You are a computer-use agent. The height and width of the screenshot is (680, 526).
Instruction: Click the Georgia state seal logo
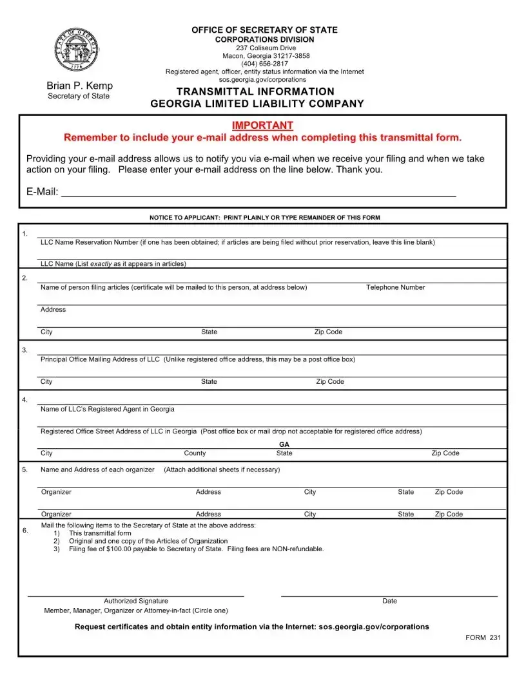(x=77, y=50)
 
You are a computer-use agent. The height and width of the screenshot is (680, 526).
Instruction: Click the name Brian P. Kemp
(x=79, y=86)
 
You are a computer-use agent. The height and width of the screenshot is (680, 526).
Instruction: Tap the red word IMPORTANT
(x=262, y=125)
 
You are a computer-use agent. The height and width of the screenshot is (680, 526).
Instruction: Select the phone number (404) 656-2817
(x=264, y=64)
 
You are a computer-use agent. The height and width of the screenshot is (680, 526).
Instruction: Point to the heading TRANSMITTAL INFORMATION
(x=256, y=91)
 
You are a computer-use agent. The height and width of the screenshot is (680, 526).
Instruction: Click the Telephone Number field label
(x=395, y=287)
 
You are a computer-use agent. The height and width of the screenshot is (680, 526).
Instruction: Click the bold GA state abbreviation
(x=284, y=444)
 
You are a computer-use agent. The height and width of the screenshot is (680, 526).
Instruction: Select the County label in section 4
(x=195, y=453)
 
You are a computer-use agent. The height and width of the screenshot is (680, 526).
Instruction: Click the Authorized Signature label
(x=136, y=601)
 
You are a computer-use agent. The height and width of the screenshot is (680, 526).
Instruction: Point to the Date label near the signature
(x=389, y=601)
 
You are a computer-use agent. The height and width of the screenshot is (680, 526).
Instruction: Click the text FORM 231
(x=483, y=637)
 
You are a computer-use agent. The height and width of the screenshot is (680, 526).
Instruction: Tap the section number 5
(x=24, y=469)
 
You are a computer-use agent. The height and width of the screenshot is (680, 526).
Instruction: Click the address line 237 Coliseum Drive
(x=266, y=48)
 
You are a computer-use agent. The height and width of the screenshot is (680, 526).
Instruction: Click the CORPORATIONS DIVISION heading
(x=264, y=39)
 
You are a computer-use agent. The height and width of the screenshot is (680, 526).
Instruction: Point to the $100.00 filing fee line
(x=196, y=549)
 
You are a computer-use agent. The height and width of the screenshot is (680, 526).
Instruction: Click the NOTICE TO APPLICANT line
(x=264, y=218)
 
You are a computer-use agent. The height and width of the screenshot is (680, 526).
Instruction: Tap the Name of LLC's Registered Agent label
(x=107, y=409)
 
